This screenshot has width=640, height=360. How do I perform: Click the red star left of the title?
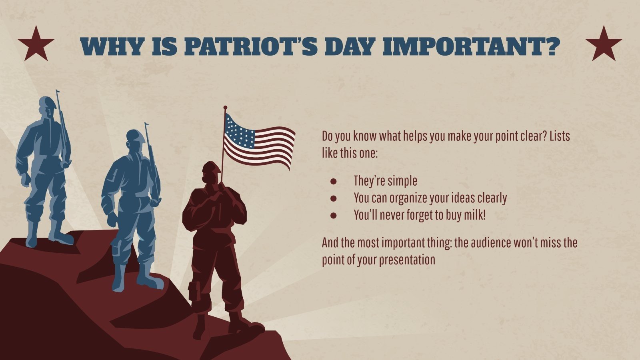coord(36,44)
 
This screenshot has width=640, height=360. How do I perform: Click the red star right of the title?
coord(604,44)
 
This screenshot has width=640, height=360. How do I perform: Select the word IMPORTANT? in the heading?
coord(471,47)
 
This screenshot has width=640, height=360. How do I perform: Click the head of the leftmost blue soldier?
coord(47,106)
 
